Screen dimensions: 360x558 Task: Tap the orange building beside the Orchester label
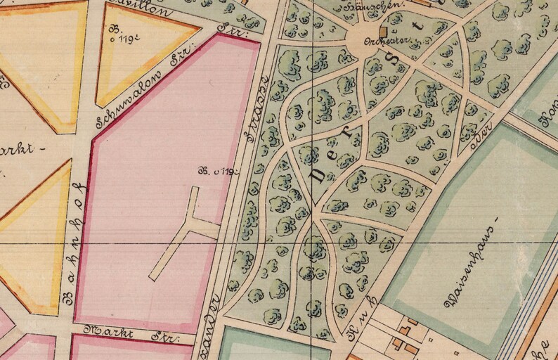(x=383, y=32)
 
